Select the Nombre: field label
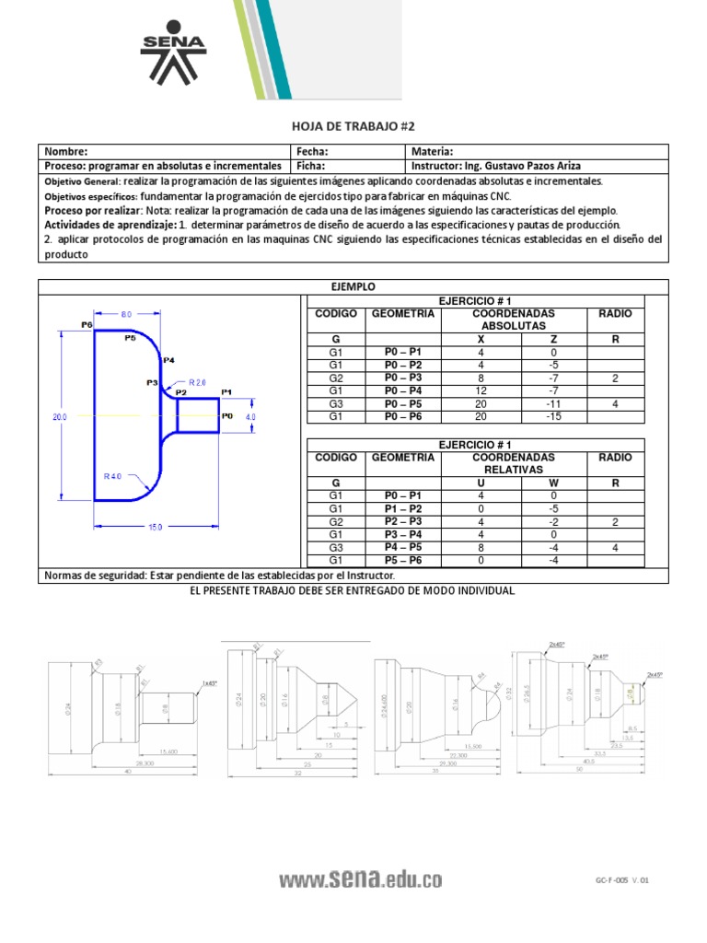[x=65, y=152]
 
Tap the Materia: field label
[x=432, y=152]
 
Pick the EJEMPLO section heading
[x=353, y=287]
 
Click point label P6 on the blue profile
[x=87, y=324]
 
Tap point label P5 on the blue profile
[x=130, y=338]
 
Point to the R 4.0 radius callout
[x=113, y=476]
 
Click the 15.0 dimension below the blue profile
[x=155, y=527]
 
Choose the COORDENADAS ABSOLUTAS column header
[x=514, y=320]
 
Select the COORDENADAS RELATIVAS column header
[x=514, y=462]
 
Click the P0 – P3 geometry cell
[x=402, y=378]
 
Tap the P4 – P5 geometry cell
[x=402, y=546]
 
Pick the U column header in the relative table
[x=480, y=482]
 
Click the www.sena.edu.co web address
[x=360, y=880]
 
